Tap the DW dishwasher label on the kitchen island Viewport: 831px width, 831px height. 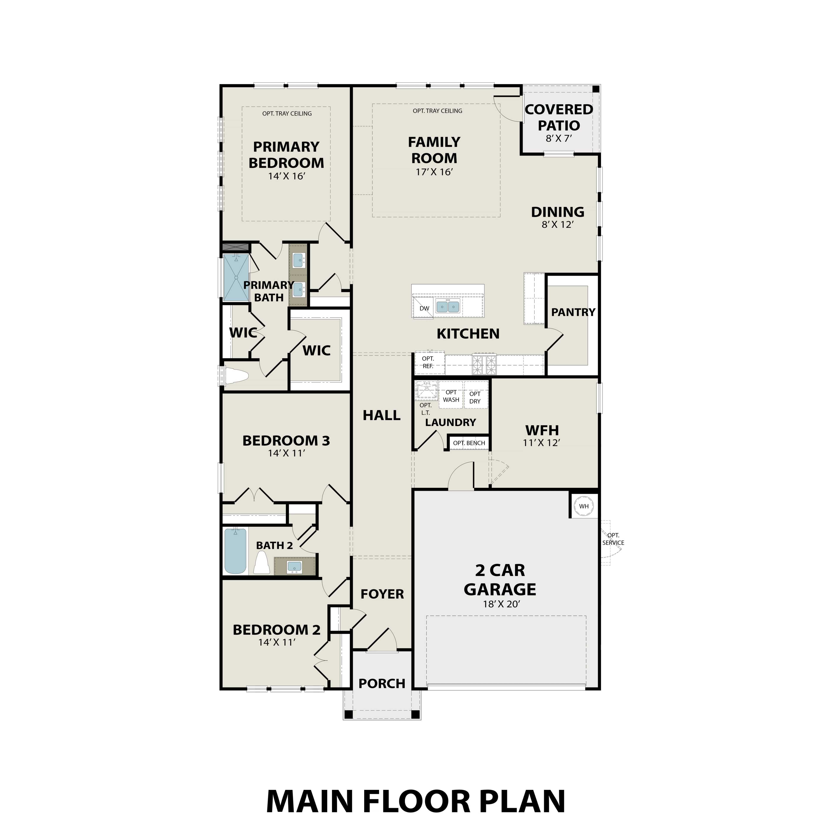pyautogui.click(x=424, y=308)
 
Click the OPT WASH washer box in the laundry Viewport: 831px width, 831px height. pyautogui.click(x=451, y=396)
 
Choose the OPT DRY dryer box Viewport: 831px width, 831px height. pyautogui.click(x=475, y=398)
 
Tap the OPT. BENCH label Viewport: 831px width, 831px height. pyautogui.click(x=469, y=443)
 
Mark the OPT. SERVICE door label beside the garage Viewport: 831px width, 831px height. pyautogui.click(x=613, y=539)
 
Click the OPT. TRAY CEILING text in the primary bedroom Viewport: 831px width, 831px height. pyautogui.click(x=287, y=114)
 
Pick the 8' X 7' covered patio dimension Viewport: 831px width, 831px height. pyautogui.click(x=559, y=138)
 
